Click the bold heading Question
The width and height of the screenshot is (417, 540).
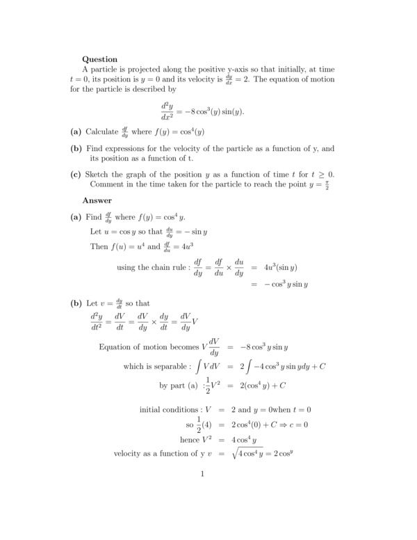pyautogui.click(x=99, y=59)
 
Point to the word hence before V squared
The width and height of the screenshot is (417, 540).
pyautogui.click(x=190, y=439)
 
